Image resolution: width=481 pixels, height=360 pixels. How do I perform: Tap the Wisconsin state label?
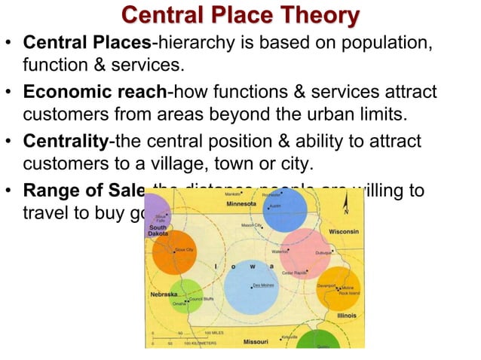point(343,232)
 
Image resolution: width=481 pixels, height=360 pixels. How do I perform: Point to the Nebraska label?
point(163,294)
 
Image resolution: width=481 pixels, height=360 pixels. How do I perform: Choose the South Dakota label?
point(158,230)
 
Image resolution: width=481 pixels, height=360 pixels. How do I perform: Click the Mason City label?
point(251,225)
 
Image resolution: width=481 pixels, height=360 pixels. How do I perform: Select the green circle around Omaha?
point(183,297)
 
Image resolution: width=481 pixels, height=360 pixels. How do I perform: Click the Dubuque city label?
point(325,254)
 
